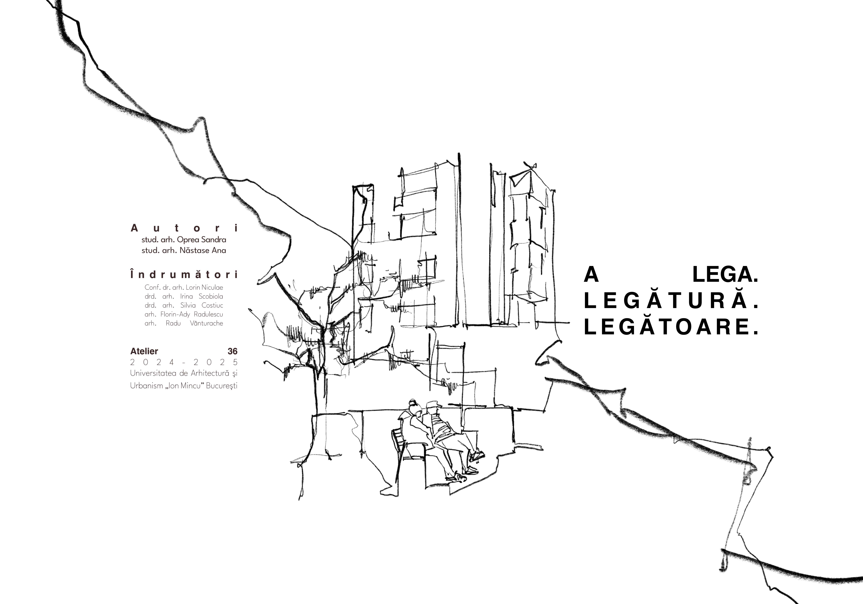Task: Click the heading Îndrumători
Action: point(184,275)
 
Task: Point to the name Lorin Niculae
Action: point(204,288)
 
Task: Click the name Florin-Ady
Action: point(175,314)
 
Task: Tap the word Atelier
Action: point(144,351)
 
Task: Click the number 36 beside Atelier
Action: point(233,351)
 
